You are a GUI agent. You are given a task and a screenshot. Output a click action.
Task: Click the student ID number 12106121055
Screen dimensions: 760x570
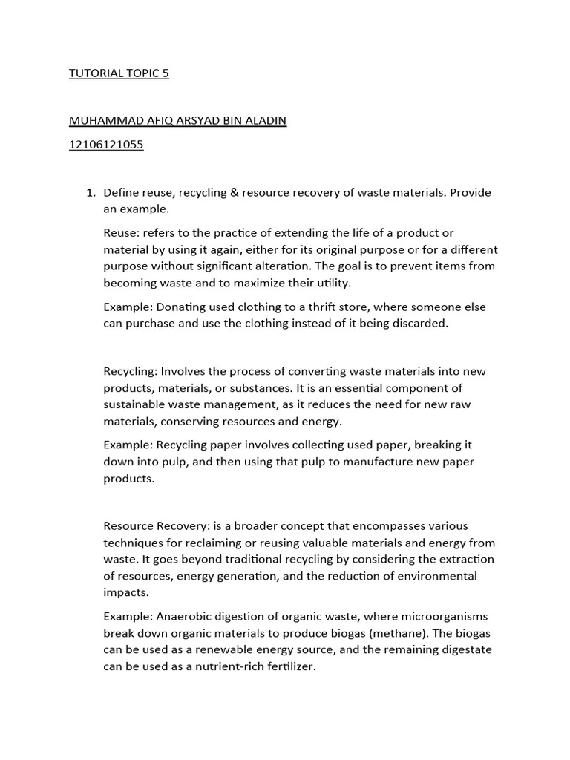(x=105, y=145)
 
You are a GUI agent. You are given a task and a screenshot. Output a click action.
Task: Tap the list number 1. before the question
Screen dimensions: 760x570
(x=91, y=193)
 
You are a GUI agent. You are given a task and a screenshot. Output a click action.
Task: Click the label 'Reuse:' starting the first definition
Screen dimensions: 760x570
(x=122, y=233)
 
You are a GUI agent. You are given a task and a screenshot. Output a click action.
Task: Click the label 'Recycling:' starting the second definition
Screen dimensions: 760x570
(x=131, y=371)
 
